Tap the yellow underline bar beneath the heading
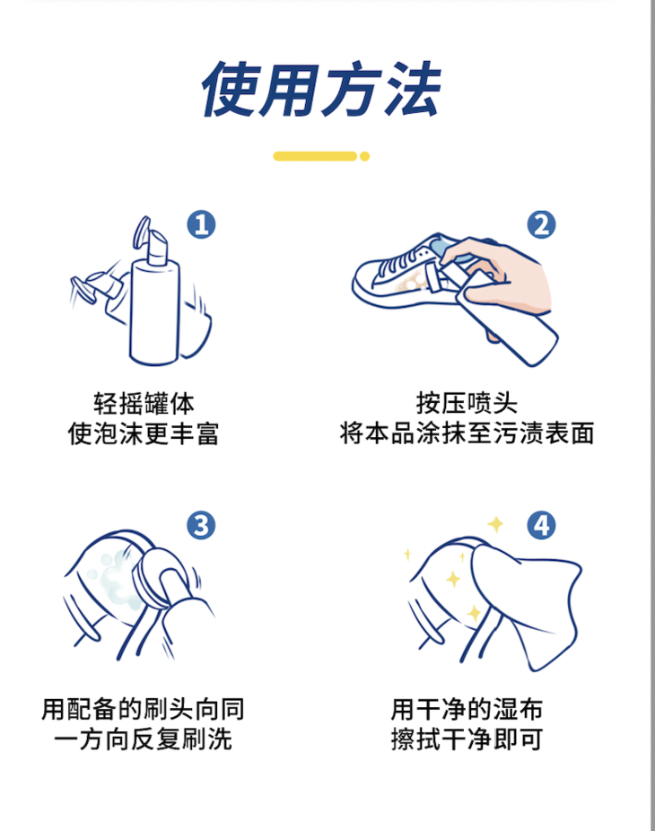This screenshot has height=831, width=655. [314, 156]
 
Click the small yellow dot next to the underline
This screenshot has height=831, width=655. [365, 156]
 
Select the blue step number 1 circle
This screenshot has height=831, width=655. [202, 223]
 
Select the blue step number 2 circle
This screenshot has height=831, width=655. [541, 223]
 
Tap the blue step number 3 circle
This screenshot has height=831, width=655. [202, 525]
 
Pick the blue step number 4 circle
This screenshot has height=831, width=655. [541, 525]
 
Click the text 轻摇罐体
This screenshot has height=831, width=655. [144, 402]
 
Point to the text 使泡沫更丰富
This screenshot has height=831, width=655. [144, 433]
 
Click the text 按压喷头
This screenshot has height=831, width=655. [467, 402]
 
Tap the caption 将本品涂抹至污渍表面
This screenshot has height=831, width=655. [467, 433]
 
